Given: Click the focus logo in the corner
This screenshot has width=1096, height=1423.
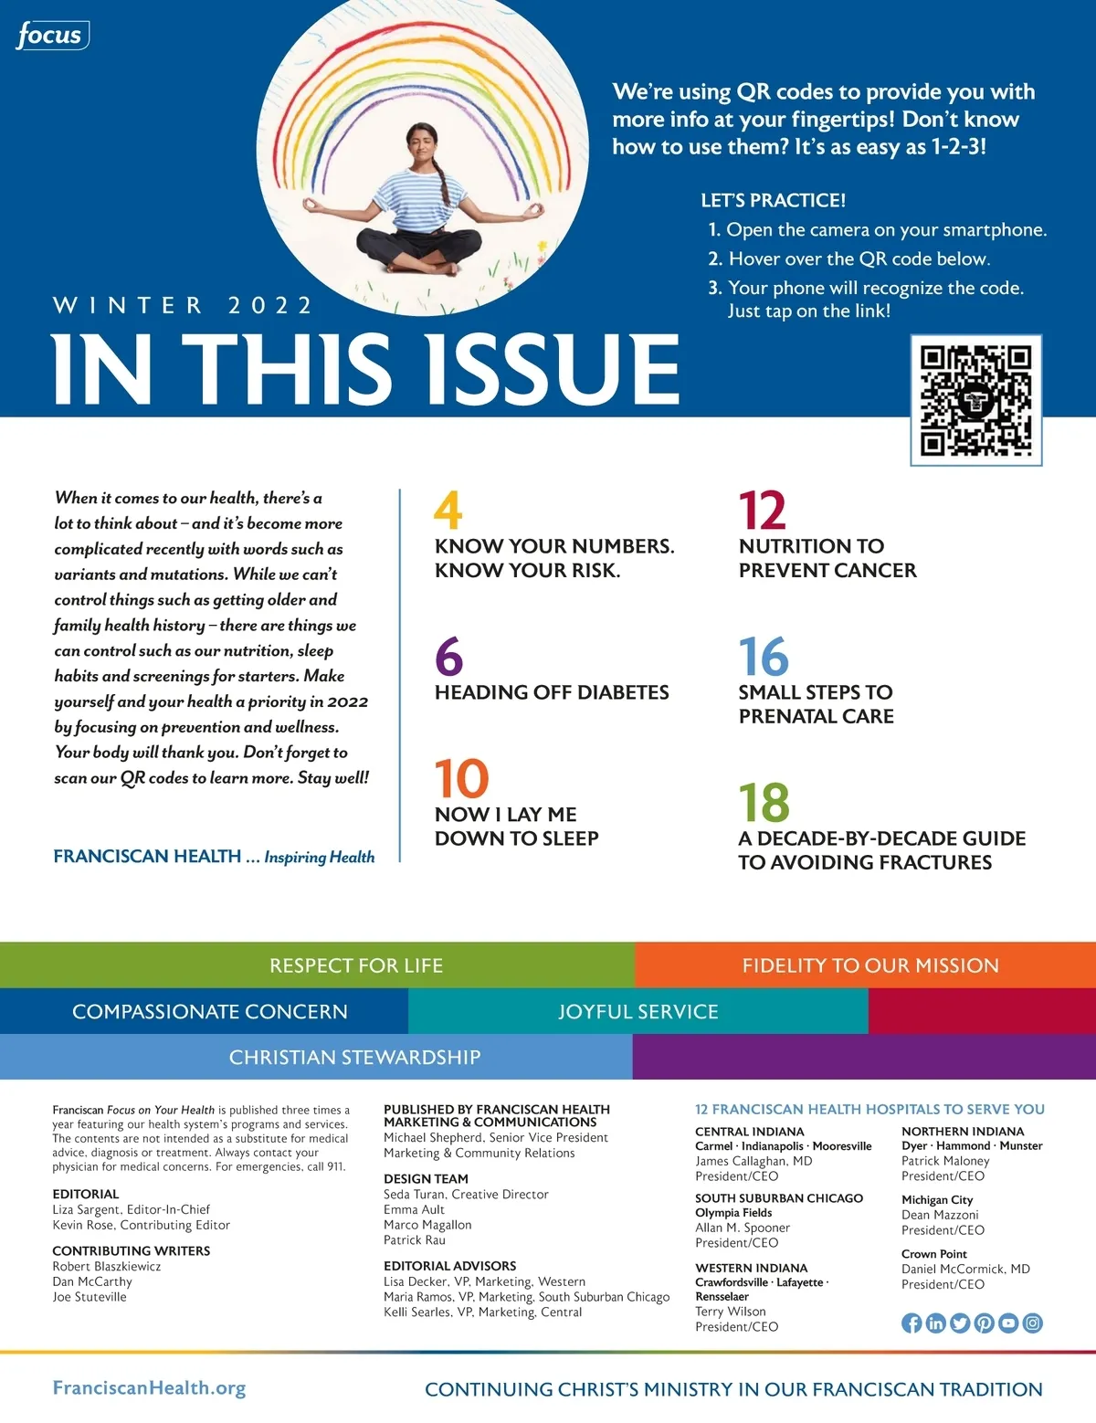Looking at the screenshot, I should (x=52, y=36).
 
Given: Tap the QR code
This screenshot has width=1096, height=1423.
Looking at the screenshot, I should (x=975, y=400).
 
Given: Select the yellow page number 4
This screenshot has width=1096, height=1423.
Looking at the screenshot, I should (x=448, y=511).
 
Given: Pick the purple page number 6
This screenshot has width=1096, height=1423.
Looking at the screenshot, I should (x=449, y=657).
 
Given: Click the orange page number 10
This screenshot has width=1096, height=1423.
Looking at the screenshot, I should (x=461, y=778).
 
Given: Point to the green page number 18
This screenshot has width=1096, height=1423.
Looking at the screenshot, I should (x=764, y=803).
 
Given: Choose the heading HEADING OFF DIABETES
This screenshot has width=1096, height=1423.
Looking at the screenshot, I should (x=552, y=692).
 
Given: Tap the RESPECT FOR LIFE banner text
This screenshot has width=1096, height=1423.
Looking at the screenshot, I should (x=356, y=965).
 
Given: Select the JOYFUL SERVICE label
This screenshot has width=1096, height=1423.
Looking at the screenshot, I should (x=638, y=1012).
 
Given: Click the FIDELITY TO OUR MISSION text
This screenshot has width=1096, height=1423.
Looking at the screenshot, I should (x=870, y=965).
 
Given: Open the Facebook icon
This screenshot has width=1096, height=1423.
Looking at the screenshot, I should (x=912, y=1323).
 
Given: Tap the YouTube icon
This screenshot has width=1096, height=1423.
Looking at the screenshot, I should (x=1008, y=1323).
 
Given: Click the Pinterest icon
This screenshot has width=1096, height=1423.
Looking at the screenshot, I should (x=984, y=1323).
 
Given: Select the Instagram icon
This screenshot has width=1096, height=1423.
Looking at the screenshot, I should (x=1032, y=1323).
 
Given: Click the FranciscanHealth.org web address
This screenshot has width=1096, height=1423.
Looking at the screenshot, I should (x=149, y=1388).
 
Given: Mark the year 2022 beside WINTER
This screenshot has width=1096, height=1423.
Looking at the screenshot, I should (x=270, y=305).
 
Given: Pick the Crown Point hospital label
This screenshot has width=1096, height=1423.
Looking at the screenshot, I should (x=933, y=1254).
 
